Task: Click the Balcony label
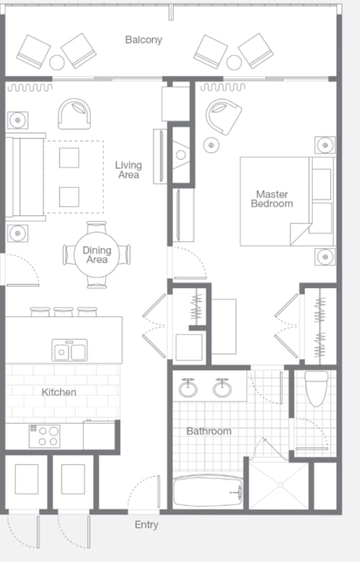point(143,40)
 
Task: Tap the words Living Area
point(128,170)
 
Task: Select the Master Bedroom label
point(272,199)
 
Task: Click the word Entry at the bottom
point(146,525)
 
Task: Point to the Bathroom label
point(208,431)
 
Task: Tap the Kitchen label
point(59,392)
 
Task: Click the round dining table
point(96,255)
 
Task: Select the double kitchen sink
point(69,350)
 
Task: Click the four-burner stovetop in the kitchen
point(44,436)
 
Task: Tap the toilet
point(316,388)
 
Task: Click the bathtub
point(208,491)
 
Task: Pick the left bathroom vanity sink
point(188,388)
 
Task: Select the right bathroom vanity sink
point(222,388)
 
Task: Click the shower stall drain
point(280,485)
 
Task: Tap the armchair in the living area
point(74,114)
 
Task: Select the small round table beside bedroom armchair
point(211,145)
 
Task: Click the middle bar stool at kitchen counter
point(63,311)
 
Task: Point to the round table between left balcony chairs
point(57,63)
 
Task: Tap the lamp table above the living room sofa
point(17,120)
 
